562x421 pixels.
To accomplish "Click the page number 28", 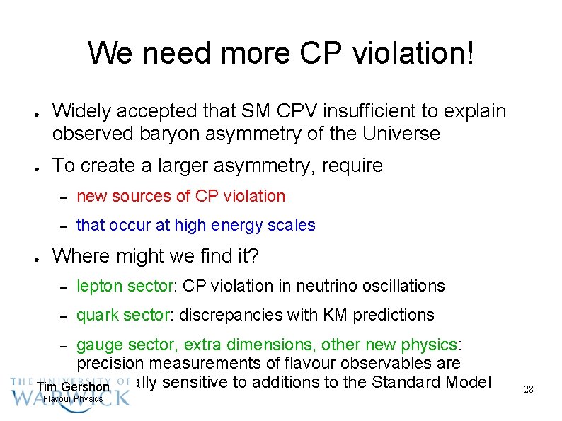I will pos(528,389).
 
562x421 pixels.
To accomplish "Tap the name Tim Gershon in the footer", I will pos(74,387).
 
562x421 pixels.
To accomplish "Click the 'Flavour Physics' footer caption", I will pos(73,399).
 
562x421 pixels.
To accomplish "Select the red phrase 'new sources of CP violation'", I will pos(180,196).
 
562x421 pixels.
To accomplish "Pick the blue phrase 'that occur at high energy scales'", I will pos(195,225).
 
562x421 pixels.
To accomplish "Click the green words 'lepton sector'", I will pos(125,286).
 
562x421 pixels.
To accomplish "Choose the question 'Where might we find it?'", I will pos(156,255).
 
